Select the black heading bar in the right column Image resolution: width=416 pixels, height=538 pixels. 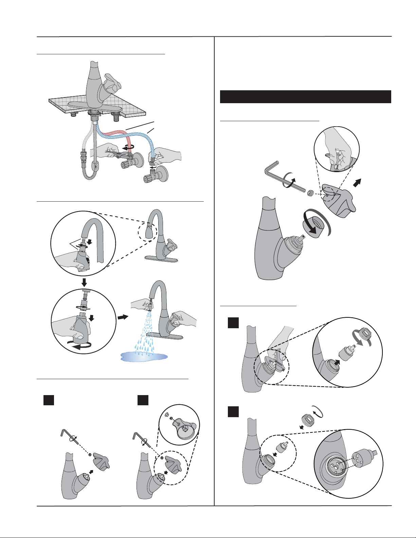(x=305, y=97)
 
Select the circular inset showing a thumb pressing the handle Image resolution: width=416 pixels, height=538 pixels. (x=337, y=149)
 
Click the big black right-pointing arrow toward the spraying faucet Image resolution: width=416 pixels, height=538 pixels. (x=123, y=317)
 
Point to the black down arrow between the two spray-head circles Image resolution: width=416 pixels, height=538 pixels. (x=84, y=282)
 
